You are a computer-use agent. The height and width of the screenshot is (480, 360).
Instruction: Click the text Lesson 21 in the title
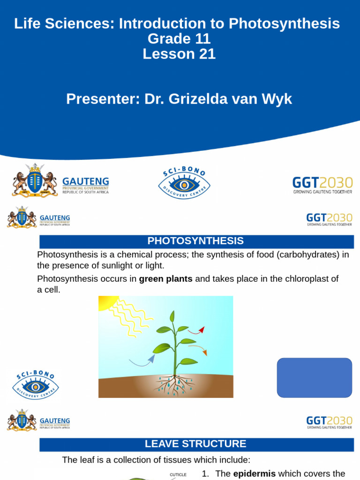(179, 54)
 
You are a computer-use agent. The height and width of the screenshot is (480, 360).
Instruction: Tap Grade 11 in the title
(179, 39)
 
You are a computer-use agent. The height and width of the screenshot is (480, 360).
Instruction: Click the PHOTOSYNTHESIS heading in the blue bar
(195, 241)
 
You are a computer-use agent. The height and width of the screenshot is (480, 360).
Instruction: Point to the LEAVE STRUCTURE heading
(195, 444)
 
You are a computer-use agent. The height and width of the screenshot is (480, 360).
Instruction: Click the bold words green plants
(166, 279)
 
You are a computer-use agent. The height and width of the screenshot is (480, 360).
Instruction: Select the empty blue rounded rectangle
(314, 378)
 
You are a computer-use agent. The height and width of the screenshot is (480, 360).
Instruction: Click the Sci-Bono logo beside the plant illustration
(35, 385)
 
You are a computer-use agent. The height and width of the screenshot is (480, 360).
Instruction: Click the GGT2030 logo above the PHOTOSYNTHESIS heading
(329, 219)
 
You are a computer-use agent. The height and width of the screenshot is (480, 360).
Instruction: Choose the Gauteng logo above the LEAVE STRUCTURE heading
(38, 420)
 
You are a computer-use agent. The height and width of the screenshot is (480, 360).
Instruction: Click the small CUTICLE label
(178, 474)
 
